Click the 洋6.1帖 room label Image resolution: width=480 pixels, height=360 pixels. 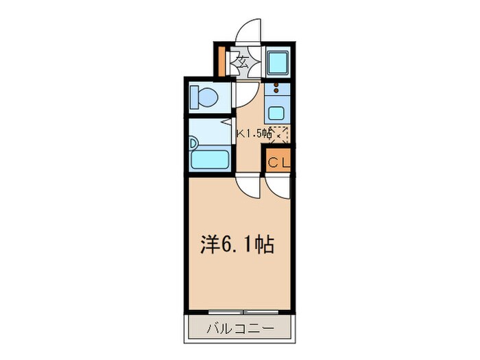pyautogui.click(x=237, y=245)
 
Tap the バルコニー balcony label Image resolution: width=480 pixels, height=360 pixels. pyautogui.click(x=241, y=330)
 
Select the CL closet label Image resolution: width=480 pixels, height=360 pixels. pyautogui.click(x=278, y=163)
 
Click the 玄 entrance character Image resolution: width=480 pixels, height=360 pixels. pyautogui.click(x=243, y=62)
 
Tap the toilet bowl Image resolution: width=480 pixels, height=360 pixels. pyautogui.click(x=205, y=98)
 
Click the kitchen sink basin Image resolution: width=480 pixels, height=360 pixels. pyautogui.click(x=278, y=113)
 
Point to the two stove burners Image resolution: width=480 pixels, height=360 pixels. pyautogui.click(x=276, y=88)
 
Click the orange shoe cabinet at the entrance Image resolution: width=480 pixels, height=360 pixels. pyautogui.click(x=221, y=60)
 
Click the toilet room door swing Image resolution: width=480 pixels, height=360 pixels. pyautogui.click(x=246, y=93)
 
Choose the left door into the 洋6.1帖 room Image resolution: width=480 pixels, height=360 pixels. pyautogui.click(x=248, y=185)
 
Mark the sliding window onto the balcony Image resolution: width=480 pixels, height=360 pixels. pyautogui.click(x=241, y=312)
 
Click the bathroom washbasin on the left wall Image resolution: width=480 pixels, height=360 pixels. pyautogui.click(x=193, y=146)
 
